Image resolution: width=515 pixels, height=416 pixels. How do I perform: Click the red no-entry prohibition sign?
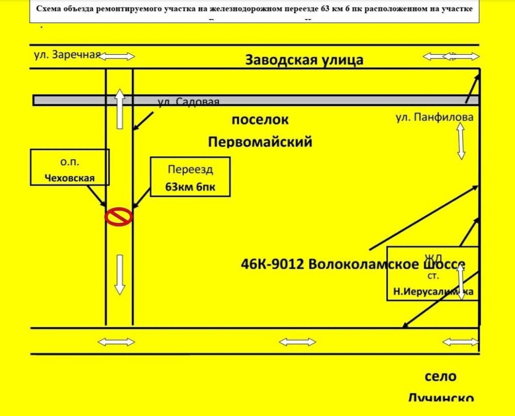(x=119, y=217)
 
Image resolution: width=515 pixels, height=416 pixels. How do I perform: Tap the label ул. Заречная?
(x=67, y=55)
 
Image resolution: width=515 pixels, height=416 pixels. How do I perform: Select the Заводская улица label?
(x=304, y=60)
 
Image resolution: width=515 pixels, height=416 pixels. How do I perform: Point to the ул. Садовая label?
(x=189, y=102)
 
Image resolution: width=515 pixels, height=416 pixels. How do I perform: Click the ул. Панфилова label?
(x=435, y=118)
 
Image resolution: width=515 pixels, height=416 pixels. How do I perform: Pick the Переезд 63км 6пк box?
(x=190, y=177)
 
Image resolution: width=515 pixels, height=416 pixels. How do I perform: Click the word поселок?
(x=260, y=121)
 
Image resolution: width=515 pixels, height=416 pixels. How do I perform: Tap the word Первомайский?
(x=260, y=142)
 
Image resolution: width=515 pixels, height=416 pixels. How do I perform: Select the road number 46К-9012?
(x=273, y=264)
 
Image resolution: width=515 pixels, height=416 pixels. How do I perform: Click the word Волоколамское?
(x=366, y=264)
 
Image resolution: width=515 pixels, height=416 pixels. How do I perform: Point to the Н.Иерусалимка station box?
(x=433, y=274)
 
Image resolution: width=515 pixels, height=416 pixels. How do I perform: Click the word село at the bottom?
(x=440, y=376)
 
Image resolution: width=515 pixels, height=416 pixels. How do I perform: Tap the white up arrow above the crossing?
(x=119, y=109)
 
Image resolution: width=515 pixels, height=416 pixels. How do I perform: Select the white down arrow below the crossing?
(x=119, y=274)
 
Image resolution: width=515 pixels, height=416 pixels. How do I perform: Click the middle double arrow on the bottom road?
(x=297, y=342)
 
